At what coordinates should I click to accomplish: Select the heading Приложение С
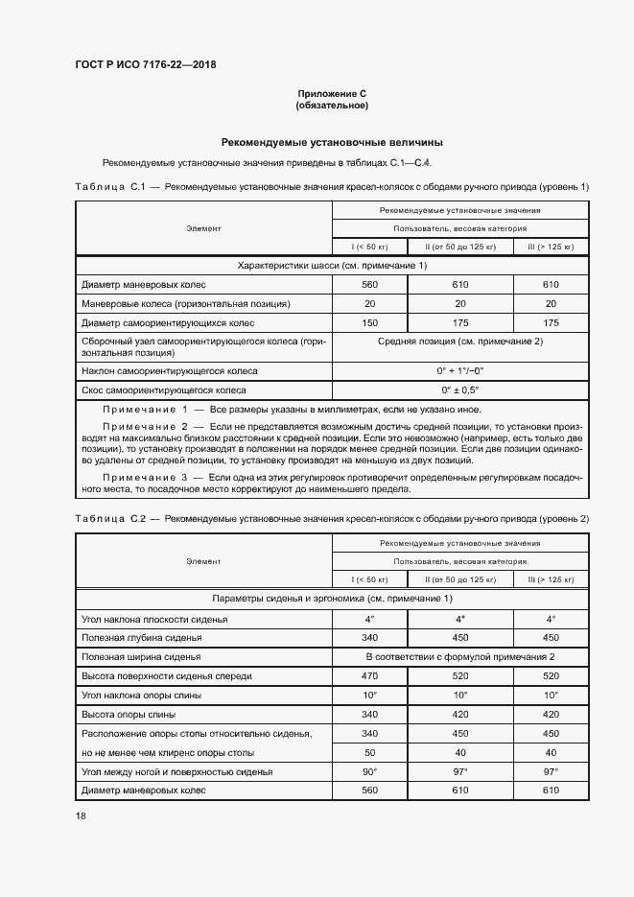(x=332, y=93)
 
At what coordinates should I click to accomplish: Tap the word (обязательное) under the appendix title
(x=332, y=105)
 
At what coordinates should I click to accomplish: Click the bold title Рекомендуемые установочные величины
(x=332, y=140)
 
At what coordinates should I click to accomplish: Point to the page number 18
(x=81, y=814)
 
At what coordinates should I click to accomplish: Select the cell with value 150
(x=370, y=323)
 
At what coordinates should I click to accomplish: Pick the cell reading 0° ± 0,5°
(x=459, y=390)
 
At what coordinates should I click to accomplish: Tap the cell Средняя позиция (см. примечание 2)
(x=459, y=342)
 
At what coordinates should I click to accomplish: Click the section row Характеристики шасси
(x=332, y=265)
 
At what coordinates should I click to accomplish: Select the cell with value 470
(x=370, y=676)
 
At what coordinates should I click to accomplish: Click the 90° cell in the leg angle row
(x=370, y=771)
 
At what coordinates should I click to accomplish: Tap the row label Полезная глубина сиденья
(x=142, y=637)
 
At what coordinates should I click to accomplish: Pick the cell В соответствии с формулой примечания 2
(x=459, y=656)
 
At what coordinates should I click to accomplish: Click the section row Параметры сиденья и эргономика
(x=332, y=599)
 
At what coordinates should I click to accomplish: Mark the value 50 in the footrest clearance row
(x=370, y=753)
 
